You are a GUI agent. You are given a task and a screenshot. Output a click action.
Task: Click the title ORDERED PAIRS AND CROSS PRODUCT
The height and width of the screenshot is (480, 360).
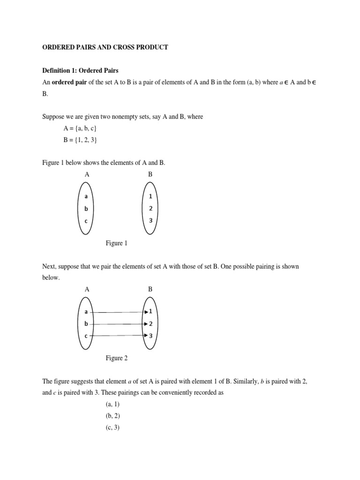coord(105,47)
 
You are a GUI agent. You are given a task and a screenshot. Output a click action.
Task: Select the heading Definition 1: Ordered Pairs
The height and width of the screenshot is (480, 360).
coord(80,70)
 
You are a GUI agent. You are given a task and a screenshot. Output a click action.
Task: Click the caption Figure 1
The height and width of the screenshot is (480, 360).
coord(116,243)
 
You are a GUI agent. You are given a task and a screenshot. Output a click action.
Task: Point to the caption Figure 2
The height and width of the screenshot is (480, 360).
coord(116,358)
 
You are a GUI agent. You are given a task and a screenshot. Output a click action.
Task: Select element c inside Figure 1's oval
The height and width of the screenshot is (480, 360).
coord(86,220)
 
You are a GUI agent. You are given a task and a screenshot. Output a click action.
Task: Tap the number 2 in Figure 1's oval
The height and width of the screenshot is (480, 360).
coord(151,209)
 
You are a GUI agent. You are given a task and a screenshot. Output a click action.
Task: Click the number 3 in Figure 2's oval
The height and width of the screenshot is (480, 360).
coord(151,335)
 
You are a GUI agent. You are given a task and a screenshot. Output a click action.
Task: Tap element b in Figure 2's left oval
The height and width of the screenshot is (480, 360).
coord(86,323)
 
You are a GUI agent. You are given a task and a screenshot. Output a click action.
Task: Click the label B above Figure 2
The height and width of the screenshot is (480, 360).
coord(150,289)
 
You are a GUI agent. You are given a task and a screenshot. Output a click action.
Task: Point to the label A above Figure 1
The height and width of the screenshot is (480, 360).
coord(87,174)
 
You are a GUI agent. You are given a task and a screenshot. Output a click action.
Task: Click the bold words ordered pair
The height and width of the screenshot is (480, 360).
coord(70,82)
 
